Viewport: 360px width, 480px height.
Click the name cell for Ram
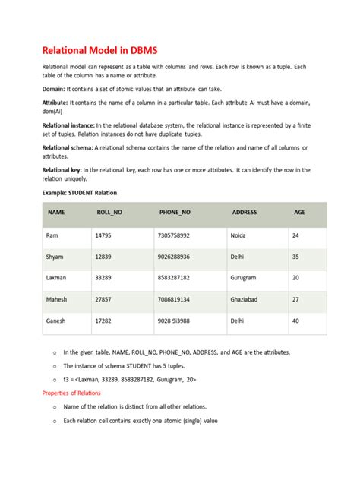(52, 235)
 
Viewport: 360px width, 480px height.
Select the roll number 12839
(103, 257)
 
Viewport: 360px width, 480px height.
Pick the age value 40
(295, 321)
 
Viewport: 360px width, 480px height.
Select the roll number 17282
(103, 321)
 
